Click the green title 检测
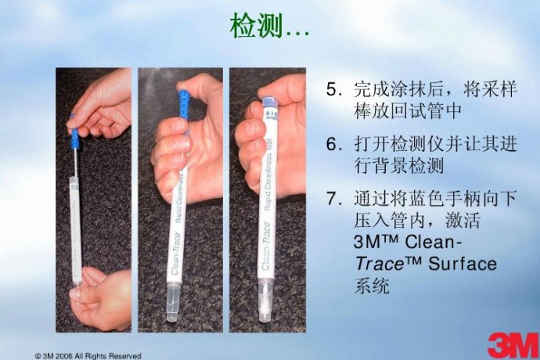[x=257, y=26]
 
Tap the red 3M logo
[x=513, y=345]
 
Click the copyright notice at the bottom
[x=88, y=356]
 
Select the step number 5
[x=332, y=90]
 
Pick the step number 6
[x=332, y=144]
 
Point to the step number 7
[x=332, y=199]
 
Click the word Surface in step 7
[x=463, y=265]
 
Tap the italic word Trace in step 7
[x=379, y=265]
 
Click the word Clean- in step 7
[x=434, y=242]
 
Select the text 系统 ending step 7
[x=372, y=286]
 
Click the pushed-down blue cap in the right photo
[x=269, y=103]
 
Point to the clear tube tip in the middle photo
[x=173, y=302]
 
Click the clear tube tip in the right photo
[x=265, y=301]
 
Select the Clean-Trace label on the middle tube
[x=176, y=254]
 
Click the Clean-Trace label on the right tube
[x=266, y=247]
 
